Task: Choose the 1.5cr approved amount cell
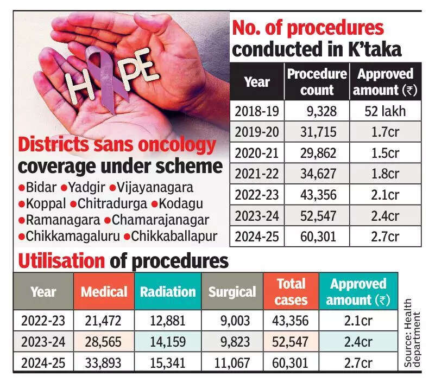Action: coord(385,154)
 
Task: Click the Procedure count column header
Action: coord(317,82)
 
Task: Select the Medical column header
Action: coord(104,292)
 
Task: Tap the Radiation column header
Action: coord(168,292)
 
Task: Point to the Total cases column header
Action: coord(291,292)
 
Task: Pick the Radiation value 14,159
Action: coord(168,342)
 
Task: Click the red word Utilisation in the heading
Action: coord(61,261)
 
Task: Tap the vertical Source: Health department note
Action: coord(413,333)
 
